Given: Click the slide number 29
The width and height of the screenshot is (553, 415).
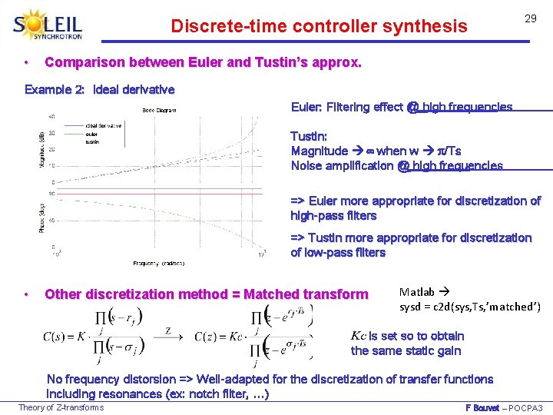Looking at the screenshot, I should pos(530,18).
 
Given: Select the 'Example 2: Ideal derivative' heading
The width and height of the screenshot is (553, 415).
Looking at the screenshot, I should pos(100,90).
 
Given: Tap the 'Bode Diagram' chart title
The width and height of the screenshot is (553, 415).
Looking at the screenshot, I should pos(159,110).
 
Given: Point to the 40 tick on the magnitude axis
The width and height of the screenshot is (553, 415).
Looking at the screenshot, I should pos(51,117).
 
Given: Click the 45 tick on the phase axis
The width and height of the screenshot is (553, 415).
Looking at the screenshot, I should pos(51,221).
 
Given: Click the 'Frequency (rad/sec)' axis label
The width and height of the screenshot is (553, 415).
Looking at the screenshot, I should pos(159,264).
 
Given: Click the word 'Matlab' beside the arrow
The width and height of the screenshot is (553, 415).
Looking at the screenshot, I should pos(417,292).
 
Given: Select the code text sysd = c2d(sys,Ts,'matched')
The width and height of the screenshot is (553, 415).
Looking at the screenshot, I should pos(470,307).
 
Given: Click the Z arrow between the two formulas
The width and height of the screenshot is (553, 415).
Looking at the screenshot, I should pos(167,333).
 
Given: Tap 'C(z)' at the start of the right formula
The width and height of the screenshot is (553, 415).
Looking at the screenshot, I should pos(210,336).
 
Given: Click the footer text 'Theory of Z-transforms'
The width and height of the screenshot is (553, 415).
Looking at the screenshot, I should pos(61,407).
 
